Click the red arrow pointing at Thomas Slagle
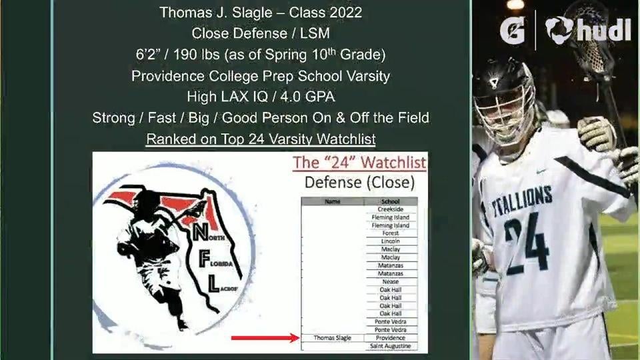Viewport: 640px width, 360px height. [x=265, y=338]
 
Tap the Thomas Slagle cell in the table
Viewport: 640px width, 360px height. [x=333, y=338]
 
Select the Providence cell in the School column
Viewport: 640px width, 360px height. [x=391, y=338]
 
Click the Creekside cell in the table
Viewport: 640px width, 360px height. [x=391, y=209]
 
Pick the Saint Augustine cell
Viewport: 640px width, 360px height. [x=391, y=346]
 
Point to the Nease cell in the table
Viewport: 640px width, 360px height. [x=391, y=281]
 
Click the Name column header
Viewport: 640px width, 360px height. [x=333, y=201]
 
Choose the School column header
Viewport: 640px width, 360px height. [x=391, y=201]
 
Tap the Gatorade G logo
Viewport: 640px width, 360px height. [x=512, y=30]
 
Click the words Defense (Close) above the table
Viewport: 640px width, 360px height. [x=359, y=182]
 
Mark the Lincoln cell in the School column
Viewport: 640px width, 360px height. [x=391, y=241]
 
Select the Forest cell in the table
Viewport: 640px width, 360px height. [x=391, y=233]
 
